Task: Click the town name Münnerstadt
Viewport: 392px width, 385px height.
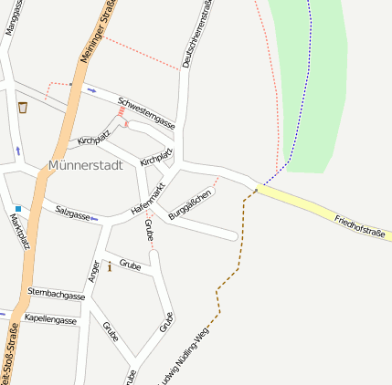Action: point(83,165)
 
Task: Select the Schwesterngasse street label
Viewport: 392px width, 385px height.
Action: point(146,110)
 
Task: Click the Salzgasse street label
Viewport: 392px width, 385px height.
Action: point(72,214)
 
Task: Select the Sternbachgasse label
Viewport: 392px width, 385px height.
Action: point(56,295)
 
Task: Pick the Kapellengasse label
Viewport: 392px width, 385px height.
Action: point(51,320)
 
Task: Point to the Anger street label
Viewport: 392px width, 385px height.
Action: point(93,270)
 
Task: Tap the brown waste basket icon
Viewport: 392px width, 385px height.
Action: point(23,108)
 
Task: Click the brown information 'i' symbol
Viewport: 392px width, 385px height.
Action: point(110,266)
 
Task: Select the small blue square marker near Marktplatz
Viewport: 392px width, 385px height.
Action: point(17,209)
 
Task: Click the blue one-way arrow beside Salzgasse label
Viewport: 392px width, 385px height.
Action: point(94,219)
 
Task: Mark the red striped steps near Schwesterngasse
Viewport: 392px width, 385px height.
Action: point(121,111)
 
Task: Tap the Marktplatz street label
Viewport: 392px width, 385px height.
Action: point(19,233)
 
